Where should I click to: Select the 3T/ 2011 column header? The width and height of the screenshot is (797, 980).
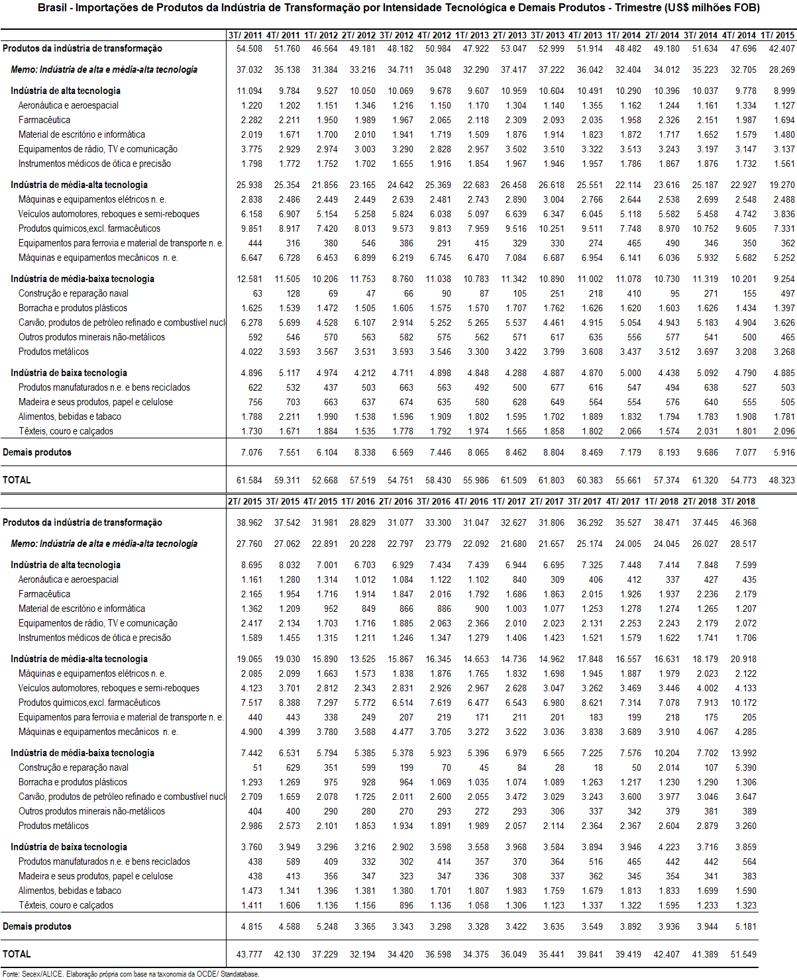[244, 35]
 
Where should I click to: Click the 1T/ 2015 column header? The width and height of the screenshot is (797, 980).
[778, 35]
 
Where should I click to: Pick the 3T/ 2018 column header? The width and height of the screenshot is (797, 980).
[739, 501]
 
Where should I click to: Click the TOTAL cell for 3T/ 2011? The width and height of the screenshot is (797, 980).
[249, 480]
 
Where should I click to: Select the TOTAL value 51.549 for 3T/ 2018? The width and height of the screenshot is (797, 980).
[743, 954]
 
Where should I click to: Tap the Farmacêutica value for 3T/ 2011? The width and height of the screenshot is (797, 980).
[251, 120]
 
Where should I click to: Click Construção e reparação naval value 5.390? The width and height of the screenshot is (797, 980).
[745, 767]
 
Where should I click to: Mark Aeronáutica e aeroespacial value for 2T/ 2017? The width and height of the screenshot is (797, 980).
[557, 579]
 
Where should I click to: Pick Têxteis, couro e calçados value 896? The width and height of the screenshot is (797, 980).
[406, 905]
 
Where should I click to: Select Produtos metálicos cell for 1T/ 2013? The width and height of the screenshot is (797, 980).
[478, 352]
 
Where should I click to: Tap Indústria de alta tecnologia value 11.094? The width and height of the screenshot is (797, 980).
[249, 91]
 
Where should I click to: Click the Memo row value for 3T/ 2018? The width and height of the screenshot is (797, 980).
[743, 544]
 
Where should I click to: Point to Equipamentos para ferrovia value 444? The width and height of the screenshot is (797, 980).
[254, 243]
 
